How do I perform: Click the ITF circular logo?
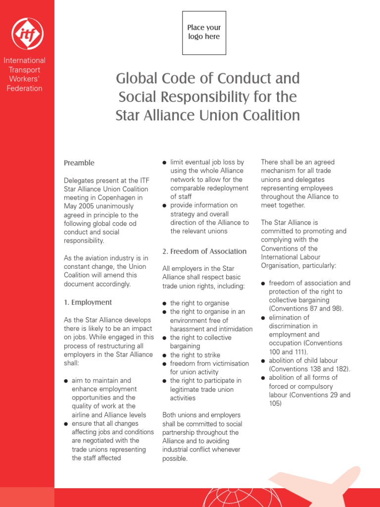27,33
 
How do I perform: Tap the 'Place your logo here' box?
204,33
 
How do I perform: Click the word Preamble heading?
79,163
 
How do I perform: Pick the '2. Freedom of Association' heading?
204,251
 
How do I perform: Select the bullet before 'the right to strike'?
165,355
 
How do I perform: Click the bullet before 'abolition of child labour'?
263,361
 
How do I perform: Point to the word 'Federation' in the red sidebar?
24,89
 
